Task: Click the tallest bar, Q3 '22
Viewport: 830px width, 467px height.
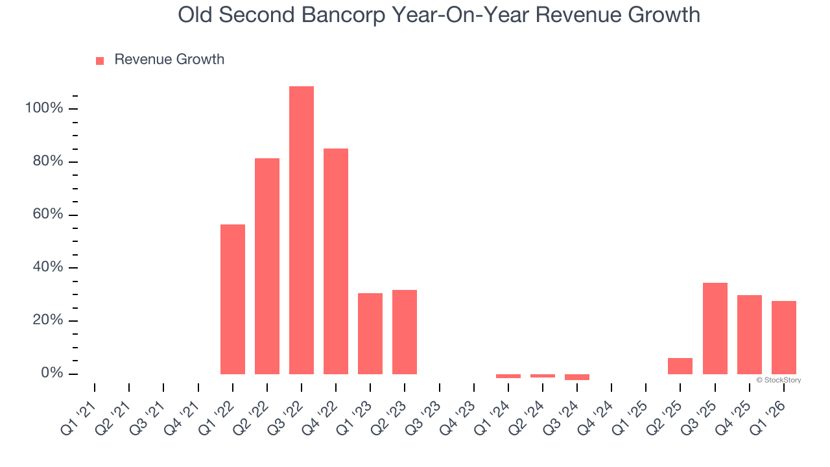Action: (302, 230)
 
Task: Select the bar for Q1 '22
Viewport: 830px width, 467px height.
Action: (233, 299)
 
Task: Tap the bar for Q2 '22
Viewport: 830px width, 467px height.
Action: (267, 266)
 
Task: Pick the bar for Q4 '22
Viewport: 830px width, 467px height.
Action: (336, 261)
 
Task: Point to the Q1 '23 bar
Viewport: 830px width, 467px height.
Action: (370, 333)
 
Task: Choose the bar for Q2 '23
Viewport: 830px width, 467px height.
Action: (405, 332)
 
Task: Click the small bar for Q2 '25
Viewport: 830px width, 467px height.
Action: (680, 366)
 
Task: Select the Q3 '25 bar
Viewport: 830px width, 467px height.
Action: (715, 328)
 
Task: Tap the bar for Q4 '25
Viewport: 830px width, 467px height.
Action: (749, 335)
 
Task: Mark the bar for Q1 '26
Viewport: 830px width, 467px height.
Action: (783, 337)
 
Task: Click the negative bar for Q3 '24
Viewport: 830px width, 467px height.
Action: (577, 377)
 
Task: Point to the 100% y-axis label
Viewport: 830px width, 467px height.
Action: (44, 108)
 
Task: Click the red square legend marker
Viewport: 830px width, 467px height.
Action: (100, 60)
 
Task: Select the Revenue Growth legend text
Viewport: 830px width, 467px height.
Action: (169, 60)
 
